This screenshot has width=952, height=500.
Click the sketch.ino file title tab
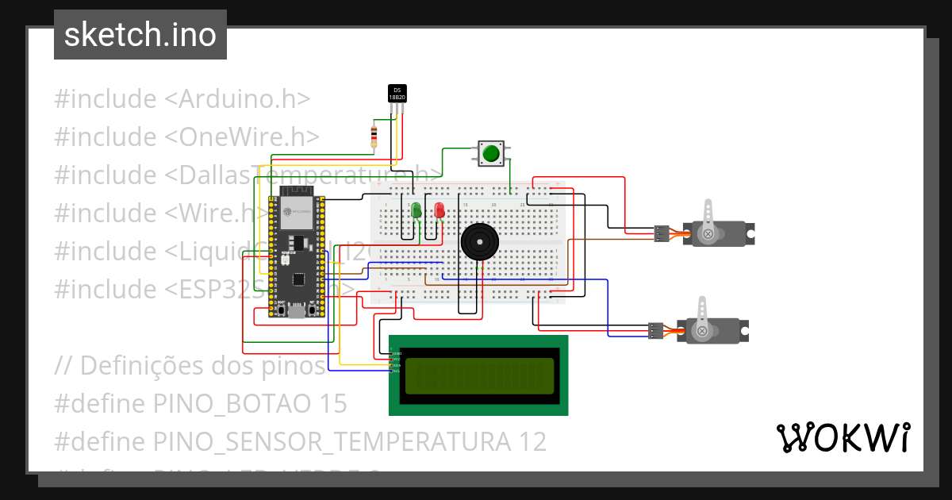(140, 35)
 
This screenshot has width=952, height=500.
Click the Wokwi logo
(842, 437)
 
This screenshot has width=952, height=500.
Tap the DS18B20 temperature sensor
(397, 94)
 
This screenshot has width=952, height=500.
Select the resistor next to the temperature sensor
(374, 137)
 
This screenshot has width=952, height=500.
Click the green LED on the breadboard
(415, 211)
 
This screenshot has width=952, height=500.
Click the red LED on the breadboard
(440, 211)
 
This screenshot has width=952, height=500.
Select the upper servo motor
(718, 231)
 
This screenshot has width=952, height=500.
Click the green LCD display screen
(479, 376)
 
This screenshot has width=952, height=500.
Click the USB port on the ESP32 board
(297, 312)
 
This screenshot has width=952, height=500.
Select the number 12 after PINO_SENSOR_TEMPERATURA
(532, 441)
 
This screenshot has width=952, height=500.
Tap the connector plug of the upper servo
(661, 233)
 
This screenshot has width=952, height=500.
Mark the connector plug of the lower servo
(655, 330)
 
